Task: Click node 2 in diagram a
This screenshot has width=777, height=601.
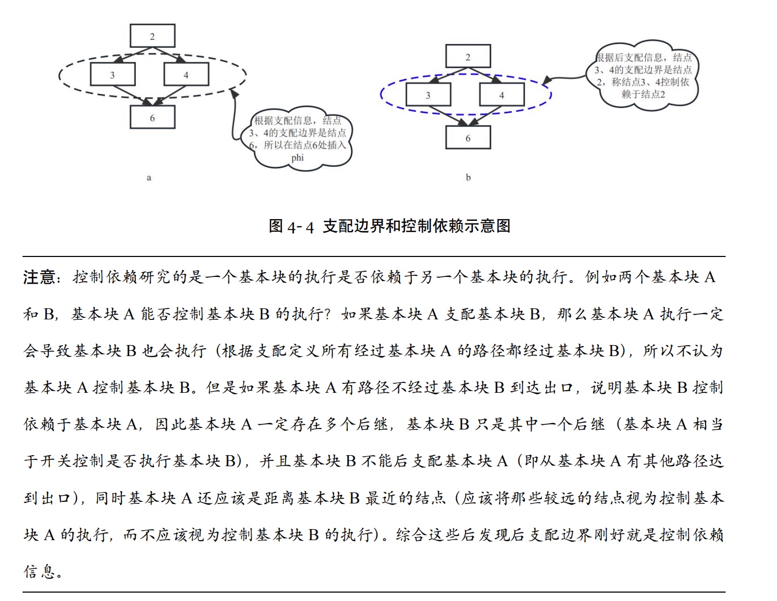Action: click(153, 36)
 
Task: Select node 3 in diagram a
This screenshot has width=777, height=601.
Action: click(113, 74)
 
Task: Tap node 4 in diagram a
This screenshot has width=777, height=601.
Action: click(186, 74)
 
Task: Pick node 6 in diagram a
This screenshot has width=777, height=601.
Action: click(153, 117)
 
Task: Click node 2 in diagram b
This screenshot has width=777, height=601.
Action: click(468, 56)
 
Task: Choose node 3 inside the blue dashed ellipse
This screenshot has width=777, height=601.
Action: click(428, 95)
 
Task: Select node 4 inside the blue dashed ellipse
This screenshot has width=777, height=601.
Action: click(502, 95)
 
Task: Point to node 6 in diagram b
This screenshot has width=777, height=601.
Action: click(468, 137)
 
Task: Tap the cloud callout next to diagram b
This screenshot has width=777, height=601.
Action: click(643, 76)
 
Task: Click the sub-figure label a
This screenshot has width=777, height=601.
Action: click(149, 178)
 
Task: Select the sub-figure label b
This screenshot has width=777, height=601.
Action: click(468, 177)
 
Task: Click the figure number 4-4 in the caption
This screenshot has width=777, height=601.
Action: click(301, 227)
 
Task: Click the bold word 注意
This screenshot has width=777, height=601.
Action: click(39, 277)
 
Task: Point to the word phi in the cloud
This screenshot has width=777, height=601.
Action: click(297, 158)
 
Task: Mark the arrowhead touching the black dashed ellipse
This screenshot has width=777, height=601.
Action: click(234, 93)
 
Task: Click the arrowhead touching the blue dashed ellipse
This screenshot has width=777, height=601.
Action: click(547, 80)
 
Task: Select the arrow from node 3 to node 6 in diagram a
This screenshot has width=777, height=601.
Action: click(132, 95)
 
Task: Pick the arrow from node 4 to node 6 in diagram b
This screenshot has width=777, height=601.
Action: click(485, 116)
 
